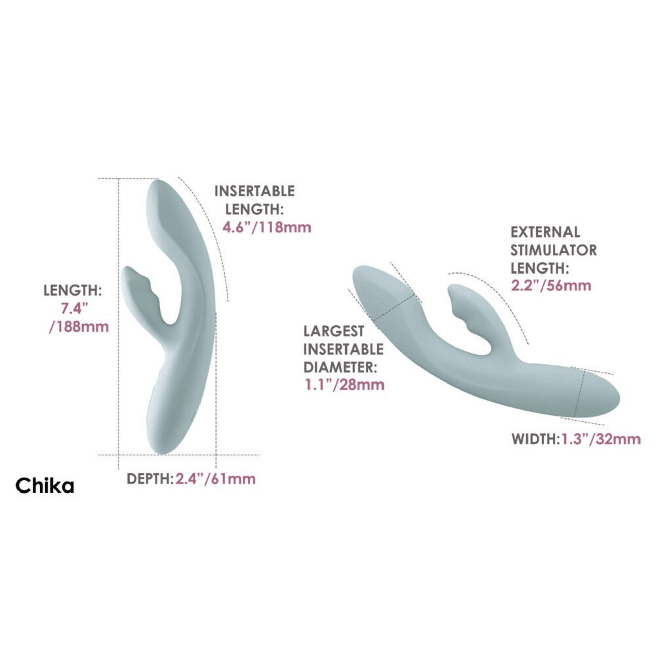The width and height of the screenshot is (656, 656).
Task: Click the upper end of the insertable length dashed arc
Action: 178,177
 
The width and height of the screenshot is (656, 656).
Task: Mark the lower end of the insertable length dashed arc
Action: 228,301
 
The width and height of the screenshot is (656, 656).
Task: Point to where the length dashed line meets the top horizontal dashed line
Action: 118,178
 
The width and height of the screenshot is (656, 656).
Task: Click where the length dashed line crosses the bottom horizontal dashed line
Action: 118,454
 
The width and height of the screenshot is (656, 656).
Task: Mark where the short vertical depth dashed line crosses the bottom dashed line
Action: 216,454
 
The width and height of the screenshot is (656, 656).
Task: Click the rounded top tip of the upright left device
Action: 158,185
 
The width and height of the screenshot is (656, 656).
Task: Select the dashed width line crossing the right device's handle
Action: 579,394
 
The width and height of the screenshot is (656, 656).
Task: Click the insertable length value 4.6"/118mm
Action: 267,227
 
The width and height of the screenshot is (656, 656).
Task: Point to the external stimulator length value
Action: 551,286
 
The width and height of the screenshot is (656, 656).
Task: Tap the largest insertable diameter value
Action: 344,385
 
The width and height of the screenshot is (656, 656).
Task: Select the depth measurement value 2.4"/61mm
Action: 215,479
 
